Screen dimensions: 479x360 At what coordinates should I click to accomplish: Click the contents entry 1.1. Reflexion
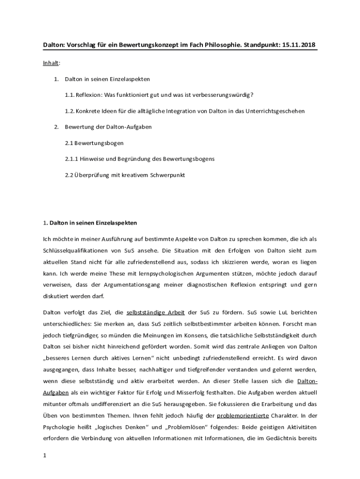coord(159,95)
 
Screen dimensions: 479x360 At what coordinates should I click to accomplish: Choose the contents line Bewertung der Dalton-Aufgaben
coord(108,127)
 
